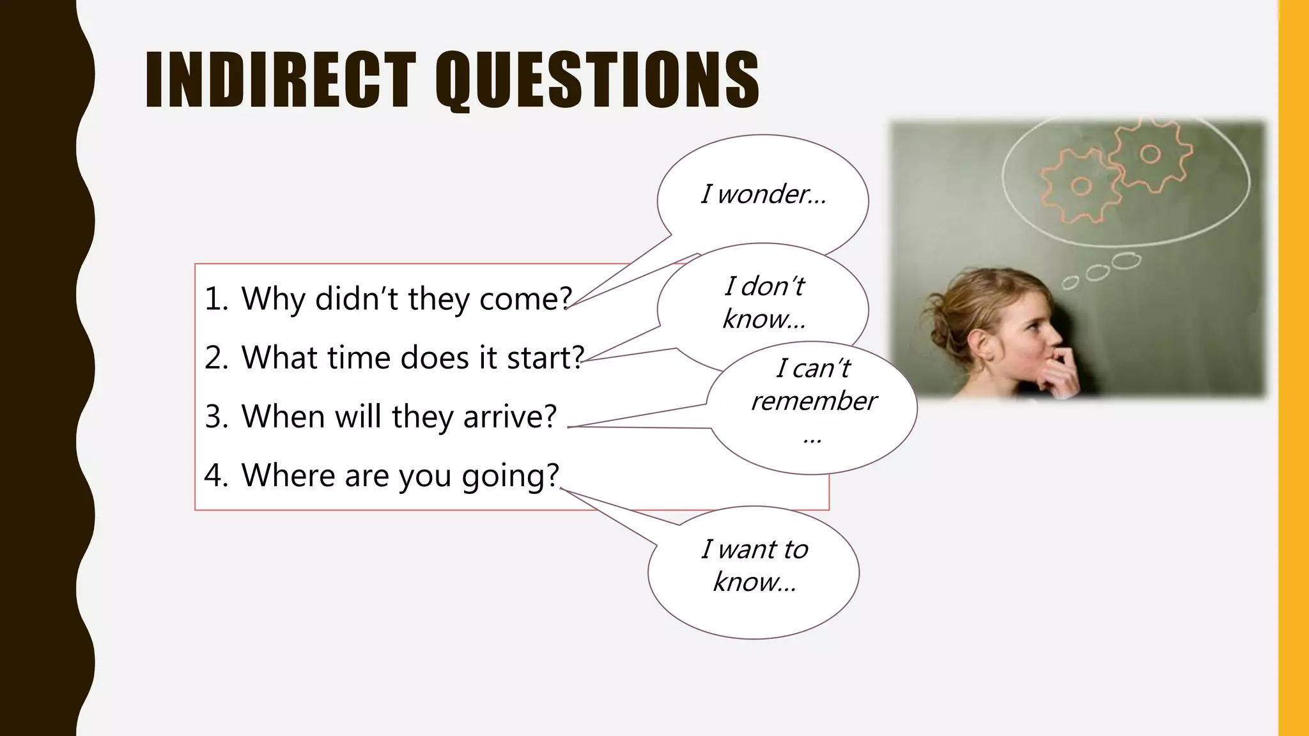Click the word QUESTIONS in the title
(x=598, y=80)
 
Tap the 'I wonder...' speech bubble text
(x=763, y=194)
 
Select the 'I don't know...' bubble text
(x=764, y=302)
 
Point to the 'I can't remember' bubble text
(x=813, y=385)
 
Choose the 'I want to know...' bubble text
(x=754, y=565)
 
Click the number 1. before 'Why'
(x=216, y=299)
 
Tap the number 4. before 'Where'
(x=216, y=476)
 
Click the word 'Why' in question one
(x=273, y=299)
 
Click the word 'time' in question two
(x=358, y=358)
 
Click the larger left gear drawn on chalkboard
(x=1081, y=186)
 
